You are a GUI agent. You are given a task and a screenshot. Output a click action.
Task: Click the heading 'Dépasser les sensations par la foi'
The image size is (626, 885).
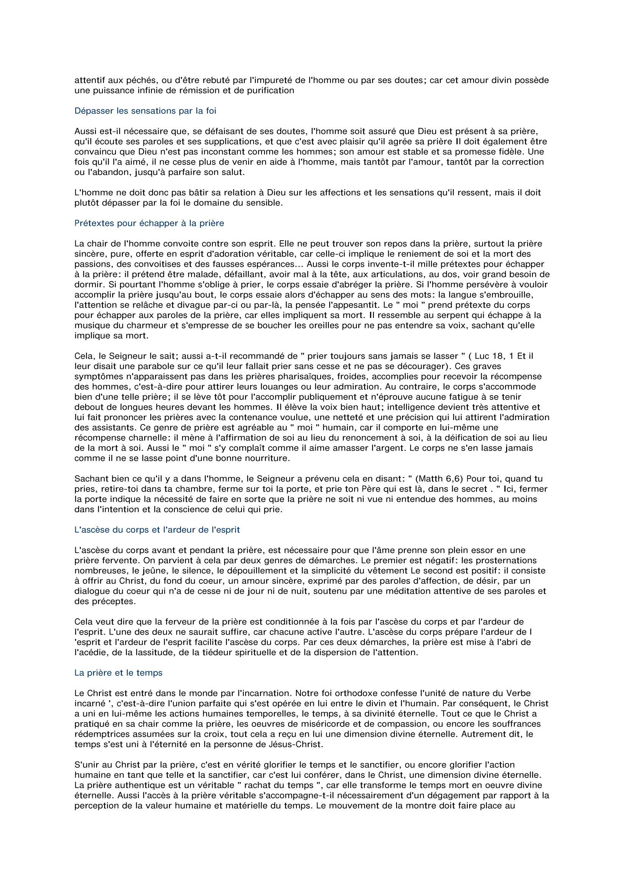click(x=145, y=111)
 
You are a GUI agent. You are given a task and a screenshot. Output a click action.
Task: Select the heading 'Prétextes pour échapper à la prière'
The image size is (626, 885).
click(x=149, y=224)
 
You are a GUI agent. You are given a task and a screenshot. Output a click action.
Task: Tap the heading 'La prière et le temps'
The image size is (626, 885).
click(x=118, y=673)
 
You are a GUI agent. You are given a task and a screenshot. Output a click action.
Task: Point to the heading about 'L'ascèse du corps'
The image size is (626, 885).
click(x=157, y=530)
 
